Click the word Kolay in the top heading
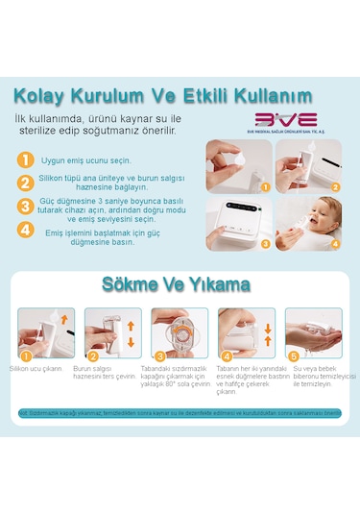tap(44, 95)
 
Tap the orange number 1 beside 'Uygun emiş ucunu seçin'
tap(27, 159)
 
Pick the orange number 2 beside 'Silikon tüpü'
tap(27, 182)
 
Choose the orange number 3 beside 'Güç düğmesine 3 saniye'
tap(27, 206)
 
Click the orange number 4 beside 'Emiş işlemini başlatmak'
tap(27, 231)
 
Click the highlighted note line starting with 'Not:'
tap(180, 413)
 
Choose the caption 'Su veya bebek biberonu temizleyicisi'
tap(324, 372)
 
